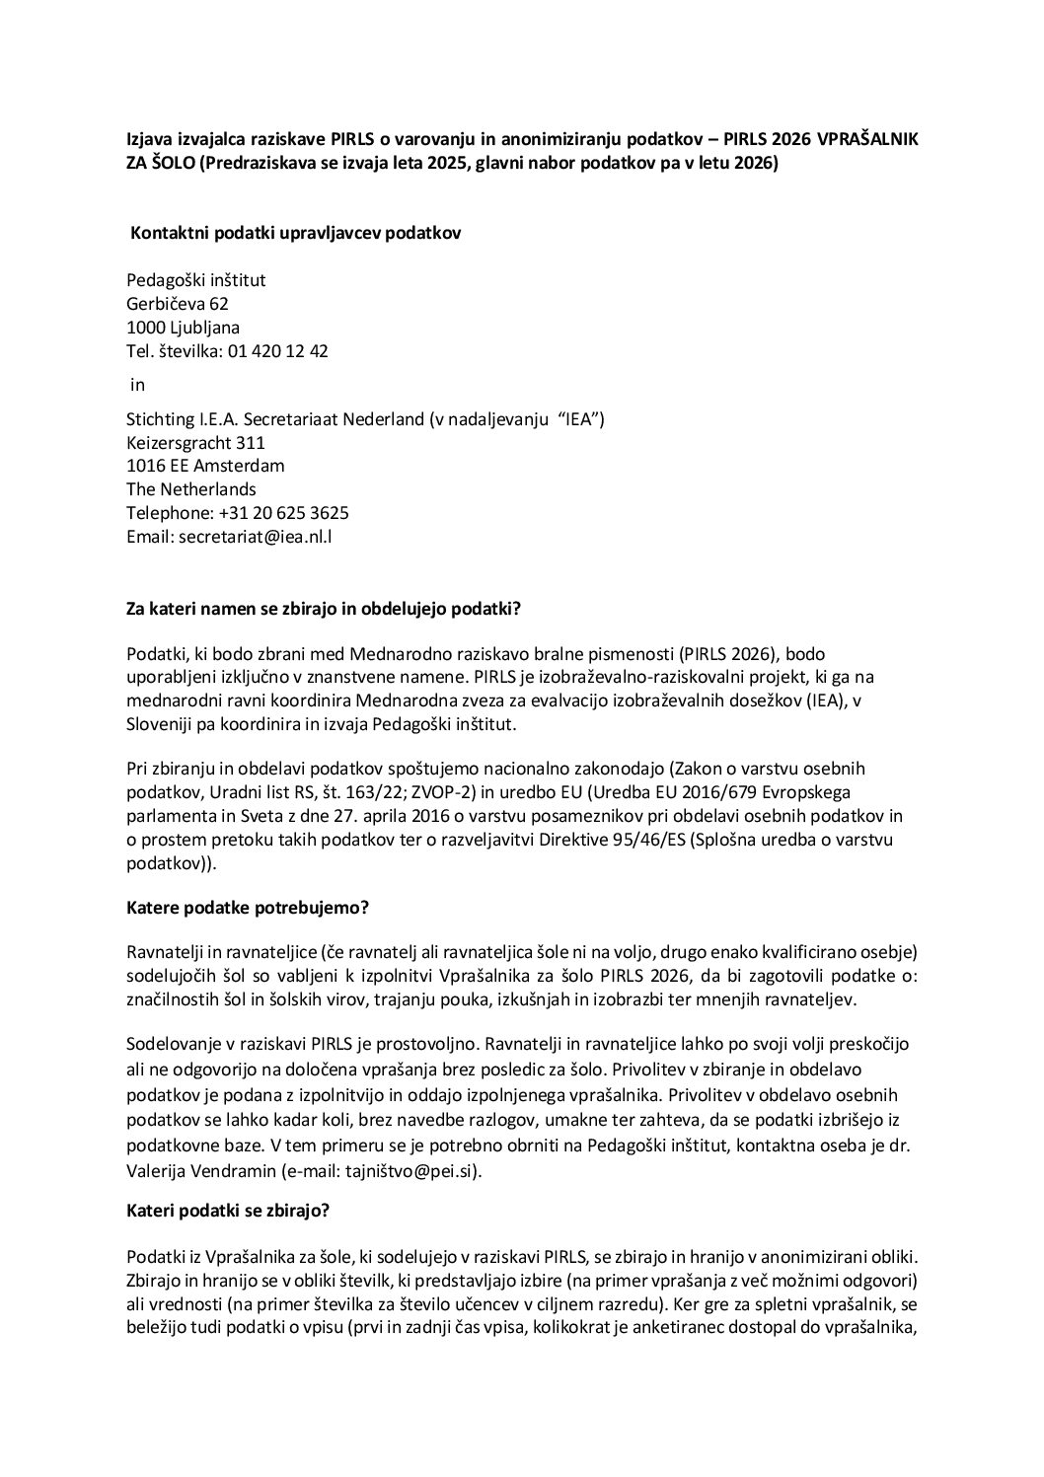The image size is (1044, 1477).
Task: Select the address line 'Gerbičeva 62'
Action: coord(178,304)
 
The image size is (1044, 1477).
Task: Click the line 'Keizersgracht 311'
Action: coord(195,443)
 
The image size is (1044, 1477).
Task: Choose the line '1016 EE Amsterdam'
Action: coord(205,466)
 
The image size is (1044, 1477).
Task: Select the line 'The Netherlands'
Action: coord(191,489)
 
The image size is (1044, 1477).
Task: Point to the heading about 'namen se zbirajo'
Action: coord(324,610)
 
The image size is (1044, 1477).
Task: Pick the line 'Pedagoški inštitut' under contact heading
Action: coord(195,280)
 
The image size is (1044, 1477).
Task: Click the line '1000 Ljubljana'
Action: coord(183,328)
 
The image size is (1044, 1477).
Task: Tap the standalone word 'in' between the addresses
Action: coord(138,385)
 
